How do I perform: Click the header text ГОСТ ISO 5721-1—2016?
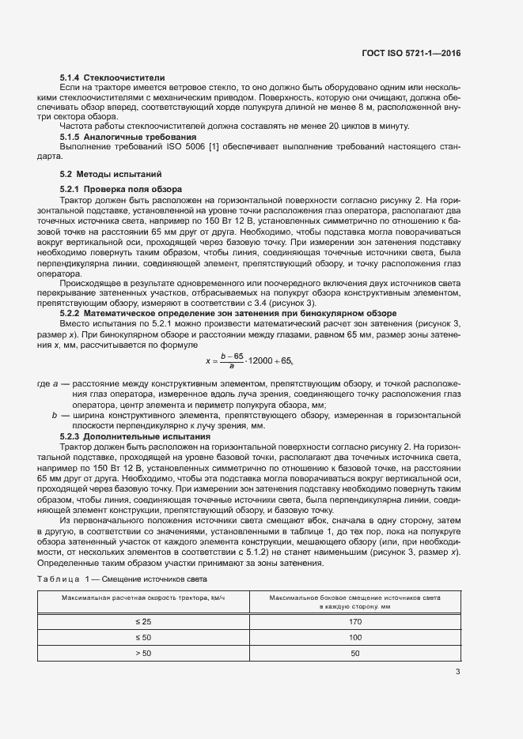pos(410,53)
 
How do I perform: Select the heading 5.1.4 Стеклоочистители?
pos(112,78)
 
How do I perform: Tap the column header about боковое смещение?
pos(354,602)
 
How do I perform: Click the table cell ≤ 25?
pos(143,623)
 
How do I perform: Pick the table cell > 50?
pos(143,653)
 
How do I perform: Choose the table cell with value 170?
pos(354,623)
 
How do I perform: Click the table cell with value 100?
pos(354,638)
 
